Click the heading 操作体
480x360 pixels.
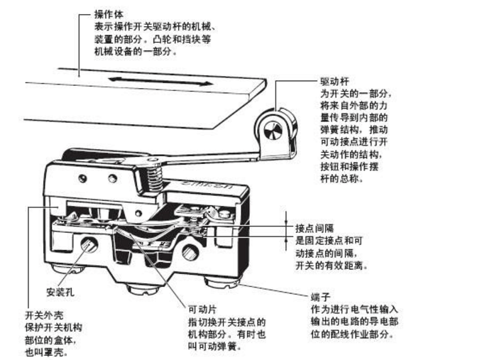tap(107, 13)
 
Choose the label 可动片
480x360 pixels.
tap(200, 310)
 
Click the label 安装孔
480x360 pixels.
tap(60, 291)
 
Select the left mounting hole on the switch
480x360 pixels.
tap(89, 245)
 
